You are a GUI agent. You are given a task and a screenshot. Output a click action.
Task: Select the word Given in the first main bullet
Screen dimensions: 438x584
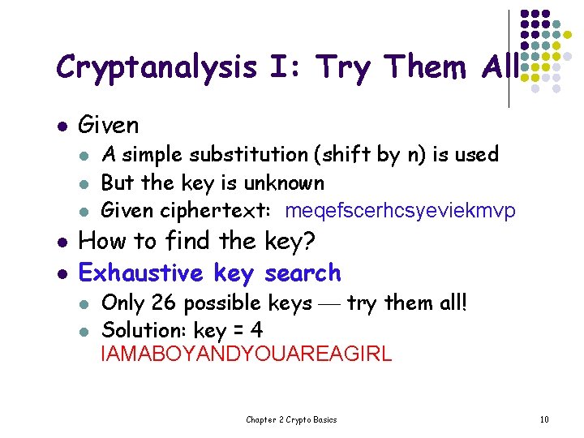(108, 126)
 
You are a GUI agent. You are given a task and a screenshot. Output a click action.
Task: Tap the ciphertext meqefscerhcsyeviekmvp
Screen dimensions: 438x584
(401, 212)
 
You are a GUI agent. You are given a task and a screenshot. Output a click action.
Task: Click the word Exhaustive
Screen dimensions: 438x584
(141, 273)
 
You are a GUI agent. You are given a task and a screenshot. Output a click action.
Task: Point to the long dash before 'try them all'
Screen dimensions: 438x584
(329, 305)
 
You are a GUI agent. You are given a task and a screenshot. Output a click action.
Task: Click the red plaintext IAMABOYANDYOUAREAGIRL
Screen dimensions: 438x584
(246, 354)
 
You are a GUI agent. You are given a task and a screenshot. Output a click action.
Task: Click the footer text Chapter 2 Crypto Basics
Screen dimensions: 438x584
(291, 419)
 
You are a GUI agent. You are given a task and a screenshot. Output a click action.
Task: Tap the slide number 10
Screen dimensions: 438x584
(544, 419)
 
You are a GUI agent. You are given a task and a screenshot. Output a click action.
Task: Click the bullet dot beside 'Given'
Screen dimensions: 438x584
(59, 127)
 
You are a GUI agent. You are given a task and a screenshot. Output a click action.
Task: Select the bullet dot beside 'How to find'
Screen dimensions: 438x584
(59, 243)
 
